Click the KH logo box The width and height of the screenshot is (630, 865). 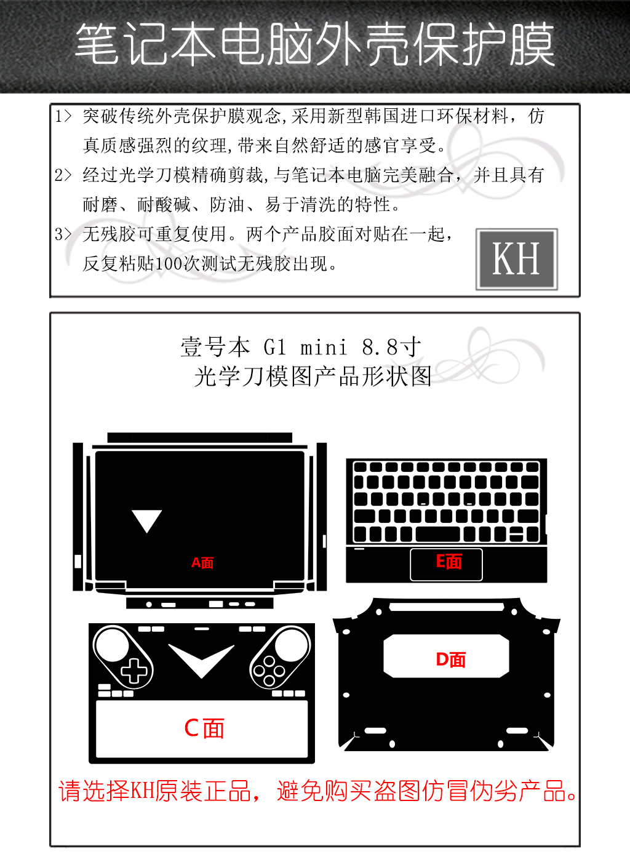(x=516, y=259)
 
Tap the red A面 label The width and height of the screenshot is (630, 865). (x=202, y=563)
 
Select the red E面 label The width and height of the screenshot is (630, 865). (x=449, y=562)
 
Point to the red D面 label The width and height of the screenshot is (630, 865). (x=450, y=660)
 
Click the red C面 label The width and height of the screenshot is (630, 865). (x=204, y=728)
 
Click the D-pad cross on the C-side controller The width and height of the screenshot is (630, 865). (x=134, y=671)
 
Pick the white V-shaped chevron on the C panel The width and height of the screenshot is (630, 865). (x=201, y=661)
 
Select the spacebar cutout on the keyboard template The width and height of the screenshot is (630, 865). (x=437, y=534)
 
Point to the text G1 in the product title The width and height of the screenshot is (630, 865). (x=275, y=347)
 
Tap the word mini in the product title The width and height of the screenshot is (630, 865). (x=324, y=347)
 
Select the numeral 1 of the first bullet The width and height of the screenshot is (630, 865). (x=58, y=116)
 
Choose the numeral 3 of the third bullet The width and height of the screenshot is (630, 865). (x=58, y=234)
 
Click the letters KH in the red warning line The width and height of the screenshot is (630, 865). (x=143, y=791)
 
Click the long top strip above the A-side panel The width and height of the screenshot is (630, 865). (x=200, y=437)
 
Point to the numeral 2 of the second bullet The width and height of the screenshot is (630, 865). (x=58, y=175)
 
